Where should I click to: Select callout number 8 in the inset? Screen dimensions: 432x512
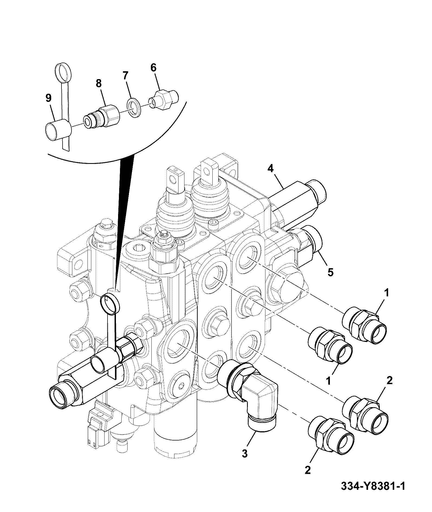coord(98,84)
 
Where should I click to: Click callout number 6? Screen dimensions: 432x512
coord(153,68)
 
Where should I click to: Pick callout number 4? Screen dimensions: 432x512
coord(271,168)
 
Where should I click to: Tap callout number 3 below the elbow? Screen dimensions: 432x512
coord(245,453)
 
